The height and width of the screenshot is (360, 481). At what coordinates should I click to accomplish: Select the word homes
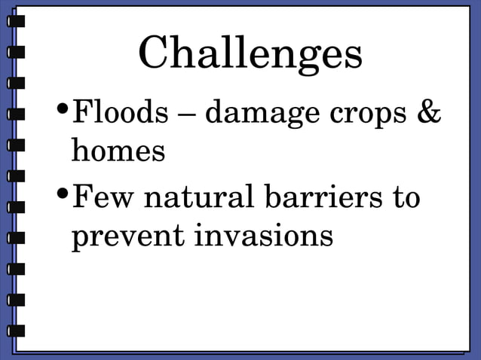coord(118,151)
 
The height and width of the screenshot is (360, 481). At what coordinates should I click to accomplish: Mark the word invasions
coord(264,236)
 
